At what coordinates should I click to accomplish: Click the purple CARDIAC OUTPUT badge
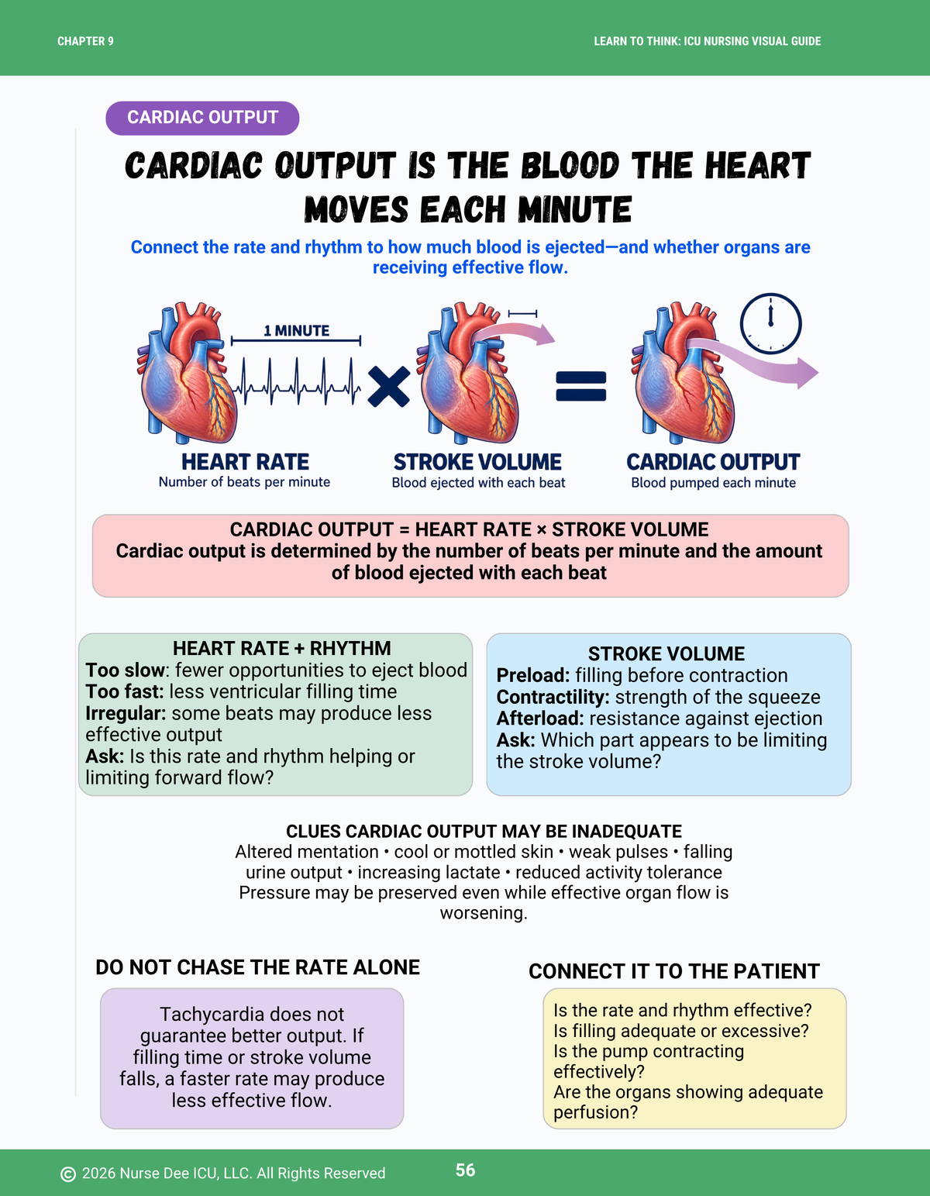click(202, 118)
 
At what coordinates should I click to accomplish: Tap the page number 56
click(466, 1170)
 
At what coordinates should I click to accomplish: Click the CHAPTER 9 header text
click(85, 41)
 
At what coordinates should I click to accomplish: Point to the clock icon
click(770, 324)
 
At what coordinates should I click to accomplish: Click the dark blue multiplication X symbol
click(388, 387)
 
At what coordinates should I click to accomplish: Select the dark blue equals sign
click(581, 386)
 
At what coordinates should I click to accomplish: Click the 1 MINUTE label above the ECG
click(296, 331)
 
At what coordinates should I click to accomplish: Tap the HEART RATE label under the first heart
click(245, 462)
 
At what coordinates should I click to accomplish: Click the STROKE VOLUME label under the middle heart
click(477, 462)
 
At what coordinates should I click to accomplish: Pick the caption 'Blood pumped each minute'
click(713, 483)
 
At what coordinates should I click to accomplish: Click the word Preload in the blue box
click(532, 675)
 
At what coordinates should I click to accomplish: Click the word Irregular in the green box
click(126, 713)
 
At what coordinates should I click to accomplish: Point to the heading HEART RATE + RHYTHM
click(282, 648)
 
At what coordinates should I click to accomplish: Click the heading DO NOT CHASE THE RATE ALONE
click(257, 967)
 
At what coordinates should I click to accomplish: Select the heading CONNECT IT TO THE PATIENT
click(674, 971)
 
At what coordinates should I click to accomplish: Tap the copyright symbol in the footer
click(67, 1174)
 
